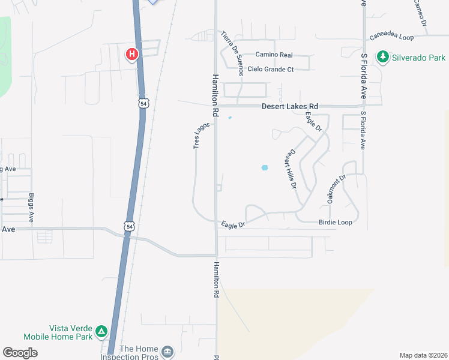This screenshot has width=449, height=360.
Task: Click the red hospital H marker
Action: click(132, 55)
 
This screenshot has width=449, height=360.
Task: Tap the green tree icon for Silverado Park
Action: click(382, 58)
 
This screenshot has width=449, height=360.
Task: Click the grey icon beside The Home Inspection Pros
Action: click(167, 351)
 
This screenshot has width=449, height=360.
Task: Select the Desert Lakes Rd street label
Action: click(289, 107)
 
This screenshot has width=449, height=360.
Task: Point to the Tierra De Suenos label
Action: click(232, 53)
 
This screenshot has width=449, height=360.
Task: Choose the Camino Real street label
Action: click(274, 55)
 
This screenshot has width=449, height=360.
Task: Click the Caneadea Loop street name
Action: click(391, 37)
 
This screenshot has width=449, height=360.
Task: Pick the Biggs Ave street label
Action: click(31, 208)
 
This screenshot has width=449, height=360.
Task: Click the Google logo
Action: click(20, 353)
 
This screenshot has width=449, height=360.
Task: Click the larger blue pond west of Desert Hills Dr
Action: click(264, 167)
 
